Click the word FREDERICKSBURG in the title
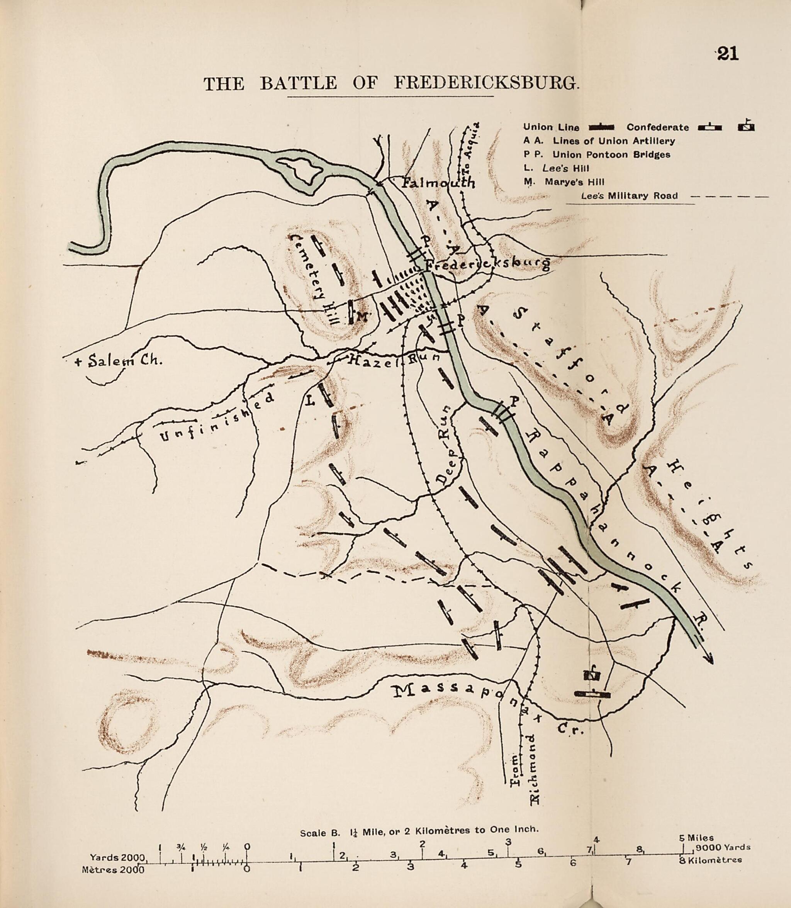point(485,83)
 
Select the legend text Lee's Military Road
point(630,196)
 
